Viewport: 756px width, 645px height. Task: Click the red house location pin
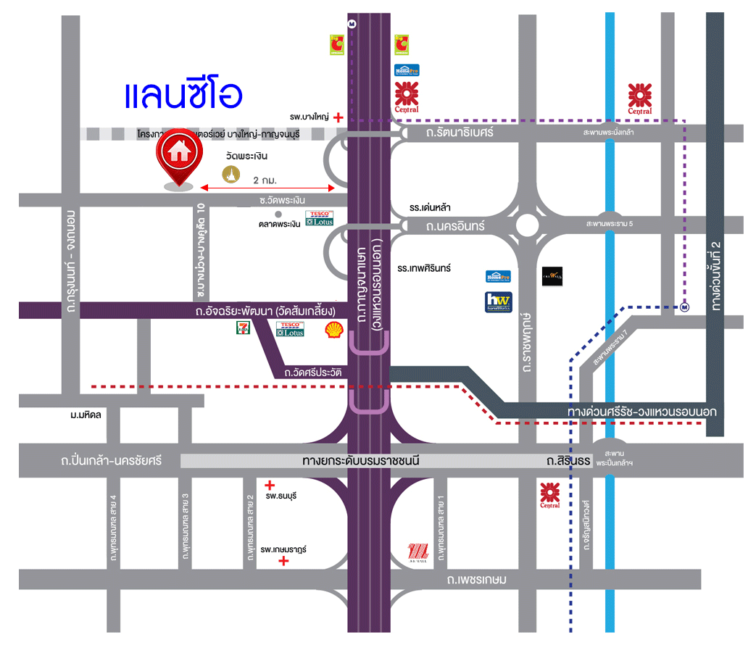pos(178,159)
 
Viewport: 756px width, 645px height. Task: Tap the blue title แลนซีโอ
pos(183,96)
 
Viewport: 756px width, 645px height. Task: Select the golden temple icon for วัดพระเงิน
pos(230,174)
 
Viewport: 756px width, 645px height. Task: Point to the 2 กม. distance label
pos(267,178)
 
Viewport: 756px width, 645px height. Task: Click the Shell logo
pos(333,329)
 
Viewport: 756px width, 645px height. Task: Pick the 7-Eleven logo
pos(241,328)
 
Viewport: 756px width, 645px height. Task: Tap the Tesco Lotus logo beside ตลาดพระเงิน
pos(320,218)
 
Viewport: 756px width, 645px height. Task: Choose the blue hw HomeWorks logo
pos(498,301)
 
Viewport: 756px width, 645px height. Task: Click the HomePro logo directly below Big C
pos(407,70)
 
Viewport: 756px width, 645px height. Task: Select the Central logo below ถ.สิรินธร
pos(549,495)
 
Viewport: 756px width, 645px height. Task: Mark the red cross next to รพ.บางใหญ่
pos(338,116)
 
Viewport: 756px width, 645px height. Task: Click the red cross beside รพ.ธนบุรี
pos(270,485)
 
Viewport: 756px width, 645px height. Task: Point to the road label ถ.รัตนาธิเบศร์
pos(460,133)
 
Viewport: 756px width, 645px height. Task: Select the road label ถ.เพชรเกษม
pos(476,580)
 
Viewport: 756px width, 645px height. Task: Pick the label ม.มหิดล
pos(86,415)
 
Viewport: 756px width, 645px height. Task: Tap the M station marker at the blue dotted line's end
pos(684,307)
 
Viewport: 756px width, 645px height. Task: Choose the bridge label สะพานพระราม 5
pos(610,224)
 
